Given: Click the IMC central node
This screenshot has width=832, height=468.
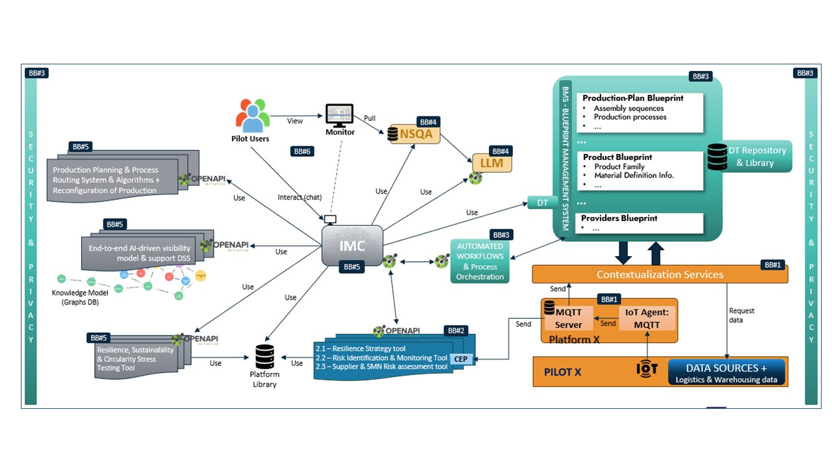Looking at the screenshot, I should click(352, 245).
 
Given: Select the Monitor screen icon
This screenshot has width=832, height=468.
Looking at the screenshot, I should click(339, 116).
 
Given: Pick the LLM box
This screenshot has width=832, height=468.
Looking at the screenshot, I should click(491, 163).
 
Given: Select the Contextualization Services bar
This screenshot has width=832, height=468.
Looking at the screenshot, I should click(660, 274).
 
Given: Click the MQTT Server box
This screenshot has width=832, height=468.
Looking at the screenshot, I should click(568, 317).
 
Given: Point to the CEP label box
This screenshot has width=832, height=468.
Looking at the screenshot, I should click(460, 359).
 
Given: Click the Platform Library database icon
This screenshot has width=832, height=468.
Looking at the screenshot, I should click(265, 356).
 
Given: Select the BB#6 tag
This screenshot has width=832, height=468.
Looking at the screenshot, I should click(303, 151).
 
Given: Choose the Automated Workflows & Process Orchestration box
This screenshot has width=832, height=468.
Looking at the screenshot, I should click(480, 261).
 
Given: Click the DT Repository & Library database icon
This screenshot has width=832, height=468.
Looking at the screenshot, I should click(717, 157).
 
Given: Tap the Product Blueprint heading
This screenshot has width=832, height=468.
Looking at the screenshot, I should click(617, 157).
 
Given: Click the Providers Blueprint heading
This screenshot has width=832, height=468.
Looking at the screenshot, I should click(619, 218).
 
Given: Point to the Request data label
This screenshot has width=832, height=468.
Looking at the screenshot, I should click(742, 315).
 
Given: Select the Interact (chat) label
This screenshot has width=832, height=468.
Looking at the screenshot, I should click(299, 197).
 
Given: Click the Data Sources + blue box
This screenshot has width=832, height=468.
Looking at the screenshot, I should click(726, 372).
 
